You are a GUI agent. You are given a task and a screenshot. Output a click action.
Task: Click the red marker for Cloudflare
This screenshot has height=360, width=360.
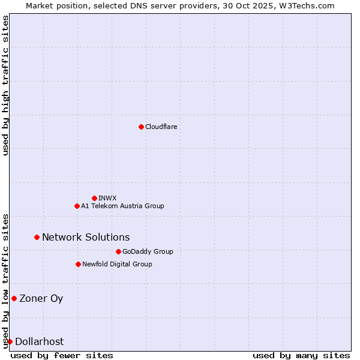pos(141,127)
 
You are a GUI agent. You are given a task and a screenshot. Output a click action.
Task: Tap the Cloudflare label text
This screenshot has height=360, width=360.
pos(161,127)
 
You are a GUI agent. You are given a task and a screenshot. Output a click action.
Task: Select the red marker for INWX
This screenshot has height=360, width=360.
pos(94,198)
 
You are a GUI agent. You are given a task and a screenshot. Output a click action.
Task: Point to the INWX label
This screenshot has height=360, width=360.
pos(107,198)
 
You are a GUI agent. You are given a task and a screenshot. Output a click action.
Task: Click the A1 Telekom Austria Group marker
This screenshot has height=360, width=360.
pos(77,206)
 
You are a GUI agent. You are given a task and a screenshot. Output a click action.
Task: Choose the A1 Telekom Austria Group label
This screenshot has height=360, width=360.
pos(122,206)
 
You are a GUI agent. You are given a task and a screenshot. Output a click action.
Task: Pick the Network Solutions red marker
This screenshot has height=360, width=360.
pos(37,237)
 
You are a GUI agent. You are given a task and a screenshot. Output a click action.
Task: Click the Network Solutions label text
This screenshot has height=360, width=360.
pos(86,237)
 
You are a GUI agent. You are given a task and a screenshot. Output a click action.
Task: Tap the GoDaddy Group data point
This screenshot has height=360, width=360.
pos(118,251)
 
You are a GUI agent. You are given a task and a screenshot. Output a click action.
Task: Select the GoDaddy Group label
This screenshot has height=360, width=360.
pos(148,251)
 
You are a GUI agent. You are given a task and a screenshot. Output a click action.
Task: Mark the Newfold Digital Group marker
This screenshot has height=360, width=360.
pos(78,264)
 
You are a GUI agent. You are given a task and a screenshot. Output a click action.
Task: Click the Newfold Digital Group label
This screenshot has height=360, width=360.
pos(117,264)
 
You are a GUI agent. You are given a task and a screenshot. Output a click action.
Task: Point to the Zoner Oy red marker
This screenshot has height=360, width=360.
pos(14,298)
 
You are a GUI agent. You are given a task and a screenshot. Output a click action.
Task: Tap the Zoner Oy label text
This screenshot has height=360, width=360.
pos(41,298)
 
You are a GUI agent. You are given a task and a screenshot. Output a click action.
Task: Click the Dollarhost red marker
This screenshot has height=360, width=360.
pos(10,341)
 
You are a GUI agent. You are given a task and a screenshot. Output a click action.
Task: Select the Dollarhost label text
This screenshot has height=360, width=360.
pos(39,341)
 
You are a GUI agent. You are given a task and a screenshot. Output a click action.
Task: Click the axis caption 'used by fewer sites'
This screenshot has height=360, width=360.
pos(62,355)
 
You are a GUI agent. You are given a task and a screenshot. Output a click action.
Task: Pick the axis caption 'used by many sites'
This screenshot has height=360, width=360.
pos(301,355)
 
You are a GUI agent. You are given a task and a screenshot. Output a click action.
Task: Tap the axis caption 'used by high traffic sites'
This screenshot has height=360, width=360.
pos(5,85)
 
